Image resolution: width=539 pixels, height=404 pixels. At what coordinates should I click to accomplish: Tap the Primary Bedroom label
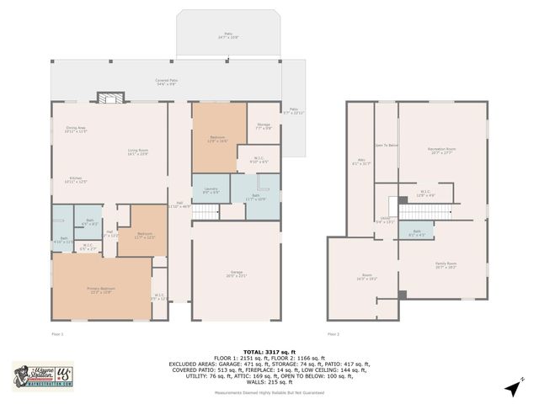(x=100, y=290)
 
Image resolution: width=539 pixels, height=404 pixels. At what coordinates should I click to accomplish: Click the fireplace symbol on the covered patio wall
(x=107, y=98)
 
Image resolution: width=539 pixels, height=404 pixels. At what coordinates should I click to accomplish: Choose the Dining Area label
(x=77, y=130)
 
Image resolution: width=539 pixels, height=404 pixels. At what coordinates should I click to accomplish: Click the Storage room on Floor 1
(x=264, y=127)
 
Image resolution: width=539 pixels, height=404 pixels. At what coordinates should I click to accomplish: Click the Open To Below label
(x=386, y=146)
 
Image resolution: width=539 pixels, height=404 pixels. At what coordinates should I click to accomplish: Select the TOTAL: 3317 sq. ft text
(x=269, y=352)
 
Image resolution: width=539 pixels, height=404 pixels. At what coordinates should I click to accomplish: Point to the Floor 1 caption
(x=57, y=334)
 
